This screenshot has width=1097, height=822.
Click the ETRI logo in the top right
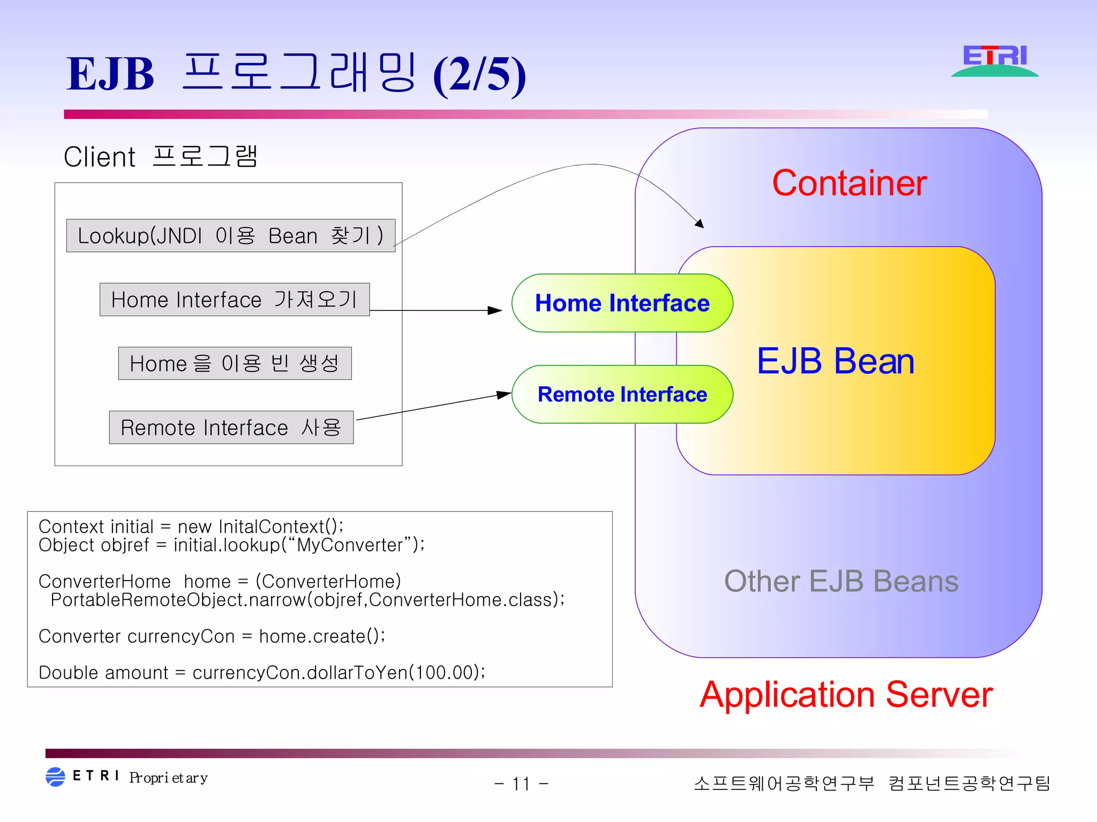click(x=995, y=60)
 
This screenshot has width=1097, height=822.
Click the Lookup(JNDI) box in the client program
click(x=230, y=235)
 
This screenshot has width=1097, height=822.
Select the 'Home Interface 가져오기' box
click(x=235, y=300)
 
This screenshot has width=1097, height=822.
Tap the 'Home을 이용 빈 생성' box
click(x=235, y=363)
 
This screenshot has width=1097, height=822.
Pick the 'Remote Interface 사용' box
click(x=231, y=428)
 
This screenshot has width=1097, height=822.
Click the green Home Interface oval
click(x=622, y=303)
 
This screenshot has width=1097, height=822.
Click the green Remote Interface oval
click(x=622, y=394)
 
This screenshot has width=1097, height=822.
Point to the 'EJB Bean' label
click(x=835, y=361)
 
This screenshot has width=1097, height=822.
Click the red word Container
click(x=849, y=183)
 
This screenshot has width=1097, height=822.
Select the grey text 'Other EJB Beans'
click(x=841, y=581)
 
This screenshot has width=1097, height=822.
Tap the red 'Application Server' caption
click(x=846, y=695)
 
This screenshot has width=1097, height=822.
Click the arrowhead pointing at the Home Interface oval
click(x=495, y=310)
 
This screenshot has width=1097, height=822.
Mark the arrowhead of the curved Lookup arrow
click(x=700, y=224)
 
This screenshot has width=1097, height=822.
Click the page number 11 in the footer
click(x=521, y=784)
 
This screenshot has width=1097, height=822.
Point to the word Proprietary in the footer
click(x=168, y=778)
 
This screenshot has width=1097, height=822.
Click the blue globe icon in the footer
click(x=55, y=777)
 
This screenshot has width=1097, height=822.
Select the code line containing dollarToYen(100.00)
click(x=262, y=673)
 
